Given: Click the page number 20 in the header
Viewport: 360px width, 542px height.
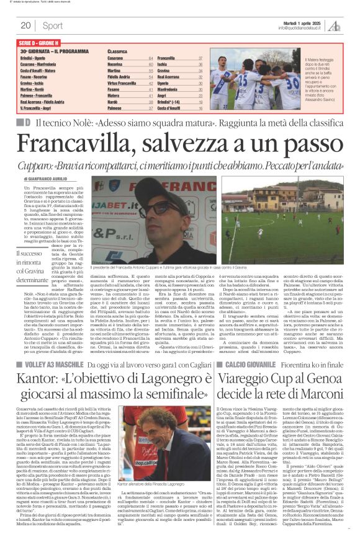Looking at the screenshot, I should pyautogui.click(x=25, y=25).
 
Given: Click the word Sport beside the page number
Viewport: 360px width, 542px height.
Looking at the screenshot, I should pyautogui.click(x=53, y=25).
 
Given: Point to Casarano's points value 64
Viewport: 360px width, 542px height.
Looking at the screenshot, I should pyautogui.click(x=151, y=58).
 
